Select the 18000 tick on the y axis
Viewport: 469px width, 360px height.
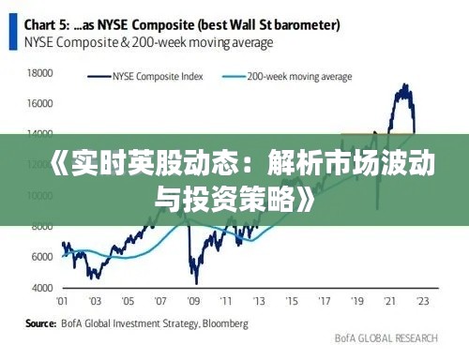[x=40, y=72]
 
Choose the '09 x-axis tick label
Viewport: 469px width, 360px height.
[x=194, y=301]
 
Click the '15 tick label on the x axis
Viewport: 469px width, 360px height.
[x=293, y=301]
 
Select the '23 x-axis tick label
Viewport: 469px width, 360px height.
[x=424, y=301]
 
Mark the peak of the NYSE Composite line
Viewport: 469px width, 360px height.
[x=405, y=85]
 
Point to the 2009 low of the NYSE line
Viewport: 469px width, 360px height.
[x=195, y=282]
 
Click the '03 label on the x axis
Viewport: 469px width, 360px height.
[x=95, y=301]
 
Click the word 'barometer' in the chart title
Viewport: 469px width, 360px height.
[x=306, y=22]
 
